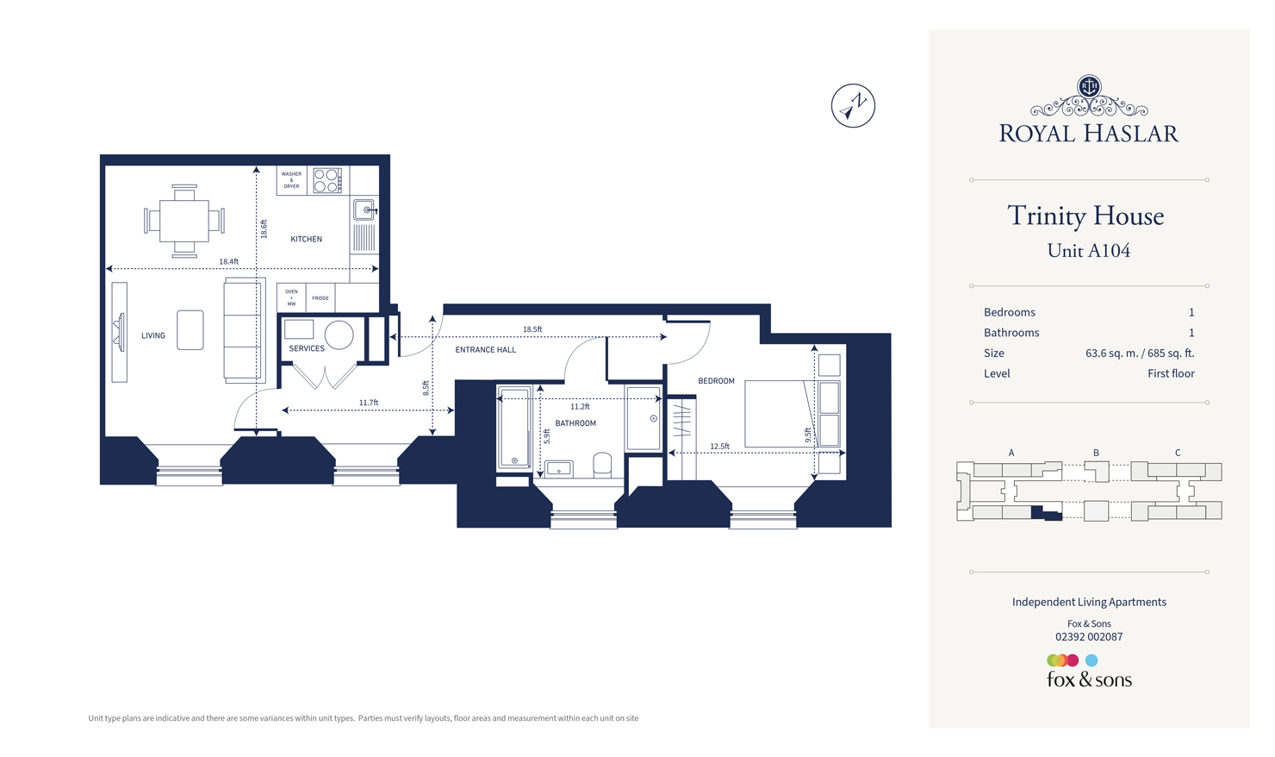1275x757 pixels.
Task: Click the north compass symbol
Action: [853, 106]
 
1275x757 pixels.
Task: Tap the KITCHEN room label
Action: [306, 239]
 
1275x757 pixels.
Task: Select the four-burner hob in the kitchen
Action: [327, 180]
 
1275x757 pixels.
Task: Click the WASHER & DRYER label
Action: [291, 180]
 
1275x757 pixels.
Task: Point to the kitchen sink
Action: [365, 210]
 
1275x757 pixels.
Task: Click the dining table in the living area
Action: [184, 221]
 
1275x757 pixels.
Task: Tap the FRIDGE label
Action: [320, 298]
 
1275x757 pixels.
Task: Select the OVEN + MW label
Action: [291, 297]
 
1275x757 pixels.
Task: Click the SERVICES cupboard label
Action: [307, 348]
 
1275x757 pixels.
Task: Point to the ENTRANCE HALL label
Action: [486, 350]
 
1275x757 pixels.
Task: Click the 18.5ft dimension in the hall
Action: [532, 329]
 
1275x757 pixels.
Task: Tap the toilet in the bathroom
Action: [602, 465]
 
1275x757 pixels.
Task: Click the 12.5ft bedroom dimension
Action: [719, 446]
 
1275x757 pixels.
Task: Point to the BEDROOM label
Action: [716, 381]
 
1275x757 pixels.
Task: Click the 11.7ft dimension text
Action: [369, 403]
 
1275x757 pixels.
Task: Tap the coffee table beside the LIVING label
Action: [190, 330]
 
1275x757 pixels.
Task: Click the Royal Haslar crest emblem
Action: [1089, 86]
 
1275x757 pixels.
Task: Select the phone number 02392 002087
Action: [1089, 637]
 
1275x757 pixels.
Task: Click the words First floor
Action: [1170, 373]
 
